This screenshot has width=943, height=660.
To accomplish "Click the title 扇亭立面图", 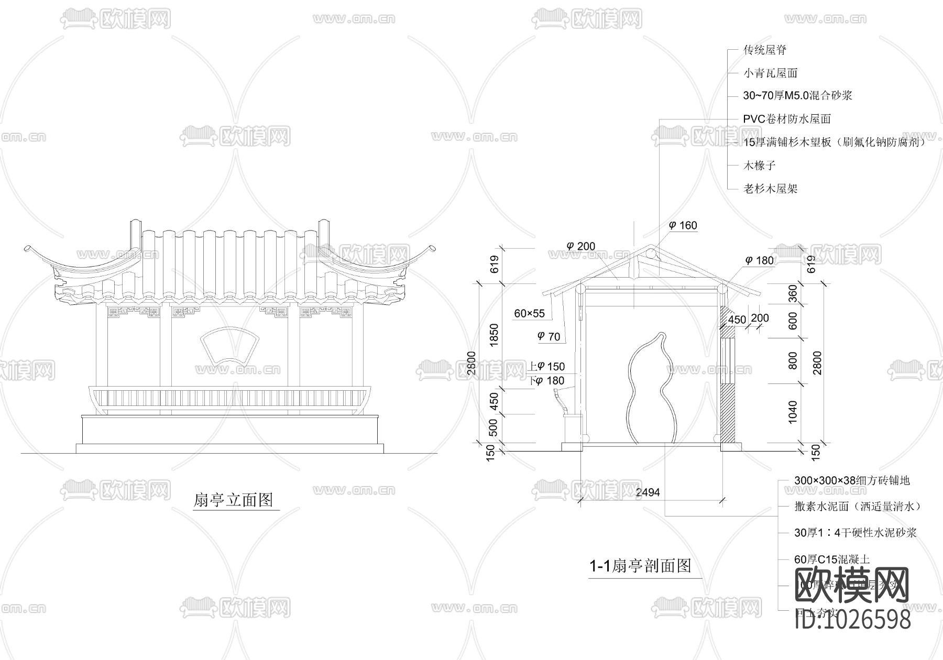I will tap(233, 500).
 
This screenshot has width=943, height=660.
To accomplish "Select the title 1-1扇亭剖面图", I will tap(640, 566).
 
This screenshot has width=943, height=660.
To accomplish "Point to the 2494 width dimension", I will tap(648, 492).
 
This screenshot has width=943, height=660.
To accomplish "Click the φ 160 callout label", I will tap(683, 226).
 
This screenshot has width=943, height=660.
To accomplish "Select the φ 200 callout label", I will tap(581, 246).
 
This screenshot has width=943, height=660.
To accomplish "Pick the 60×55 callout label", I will tap(529, 314).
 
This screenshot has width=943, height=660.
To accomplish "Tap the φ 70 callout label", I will tap(549, 337).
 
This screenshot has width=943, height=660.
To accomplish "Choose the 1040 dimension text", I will tap(792, 412).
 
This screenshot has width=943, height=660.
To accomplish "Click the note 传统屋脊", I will tap(765, 50).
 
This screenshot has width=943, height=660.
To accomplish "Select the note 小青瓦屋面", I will tap(770, 73).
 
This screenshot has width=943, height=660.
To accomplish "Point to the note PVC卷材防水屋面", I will tap(787, 119).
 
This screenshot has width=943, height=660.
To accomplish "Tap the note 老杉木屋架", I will tap(770, 189).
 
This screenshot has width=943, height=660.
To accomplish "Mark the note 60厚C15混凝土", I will tap(832, 559).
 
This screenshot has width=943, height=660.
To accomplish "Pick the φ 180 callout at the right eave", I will tap(759, 260).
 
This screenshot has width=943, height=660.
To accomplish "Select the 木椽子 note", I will tap(760, 166).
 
